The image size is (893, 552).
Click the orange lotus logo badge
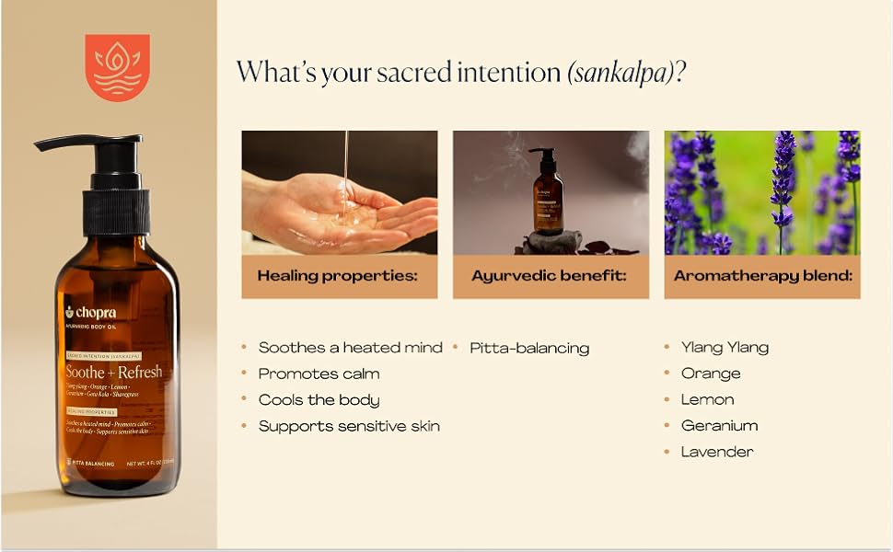tap(117, 67)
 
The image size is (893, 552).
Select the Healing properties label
tap(339, 275)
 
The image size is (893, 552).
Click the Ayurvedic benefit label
tap(551, 275)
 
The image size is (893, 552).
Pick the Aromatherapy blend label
tap(761, 275)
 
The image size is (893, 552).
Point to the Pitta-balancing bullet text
tap(529, 348)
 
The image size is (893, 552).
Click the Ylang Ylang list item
tap(725, 348)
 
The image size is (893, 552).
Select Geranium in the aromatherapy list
tap(719, 426)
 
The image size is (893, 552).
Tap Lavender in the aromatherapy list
tap(717, 452)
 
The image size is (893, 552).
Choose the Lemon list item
tap(707, 399)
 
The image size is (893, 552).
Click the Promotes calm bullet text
tap(319, 374)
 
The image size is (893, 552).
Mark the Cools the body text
tap(319, 399)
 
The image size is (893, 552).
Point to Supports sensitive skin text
tap(349, 426)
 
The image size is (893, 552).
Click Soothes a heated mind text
tap(350, 348)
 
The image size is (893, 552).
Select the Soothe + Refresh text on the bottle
tap(114, 373)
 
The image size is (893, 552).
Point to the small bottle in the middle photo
tap(550, 193)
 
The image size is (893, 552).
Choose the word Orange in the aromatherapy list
tap(711, 374)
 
